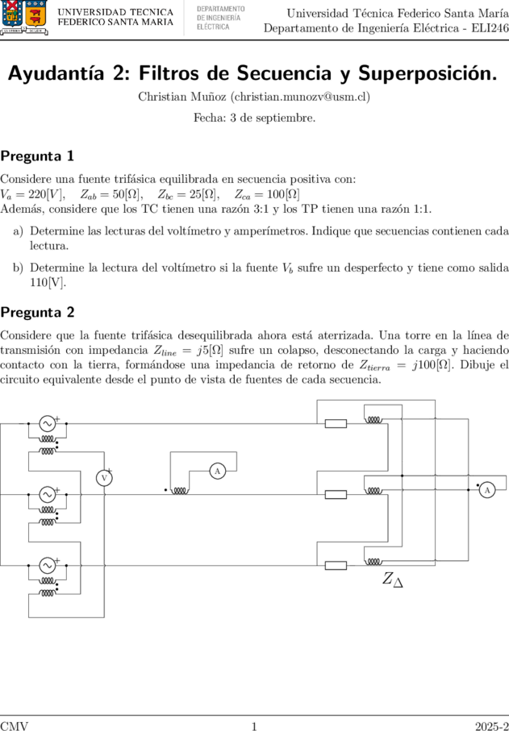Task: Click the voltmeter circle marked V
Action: (104, 478)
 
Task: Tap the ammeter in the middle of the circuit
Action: (218, 471)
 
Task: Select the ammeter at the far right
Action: (487, 490)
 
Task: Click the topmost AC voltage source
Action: (47, 423)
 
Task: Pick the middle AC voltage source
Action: (47, 494)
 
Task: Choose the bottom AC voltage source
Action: (47, 565)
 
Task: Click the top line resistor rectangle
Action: (336, 423)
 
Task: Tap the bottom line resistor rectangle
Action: (336, 566)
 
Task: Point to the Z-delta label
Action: (393, 579)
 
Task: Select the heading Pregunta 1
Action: (37, 156)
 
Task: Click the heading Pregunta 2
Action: (37, 312)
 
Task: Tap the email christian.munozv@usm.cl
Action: (301, 97)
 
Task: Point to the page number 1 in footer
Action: (254, 725)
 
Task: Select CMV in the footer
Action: (14, 725)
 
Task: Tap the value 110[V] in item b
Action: (47, 283)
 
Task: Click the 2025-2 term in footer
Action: (492, 725)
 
